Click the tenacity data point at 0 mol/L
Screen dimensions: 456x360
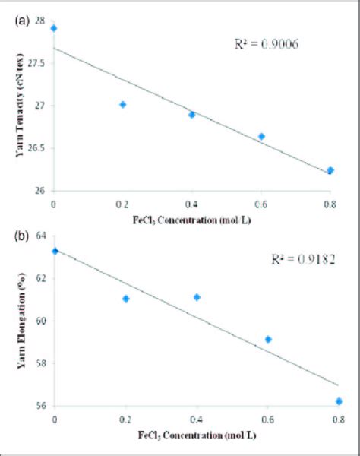tap(54, 28)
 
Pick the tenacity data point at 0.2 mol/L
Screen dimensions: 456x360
tap(123, 104)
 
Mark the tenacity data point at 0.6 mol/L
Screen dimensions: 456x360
tap(261, 136)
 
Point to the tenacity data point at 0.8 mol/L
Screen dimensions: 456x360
tap(330, 170)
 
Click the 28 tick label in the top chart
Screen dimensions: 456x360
tap(39, 20)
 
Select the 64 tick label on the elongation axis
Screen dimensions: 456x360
tap(39, 235)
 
